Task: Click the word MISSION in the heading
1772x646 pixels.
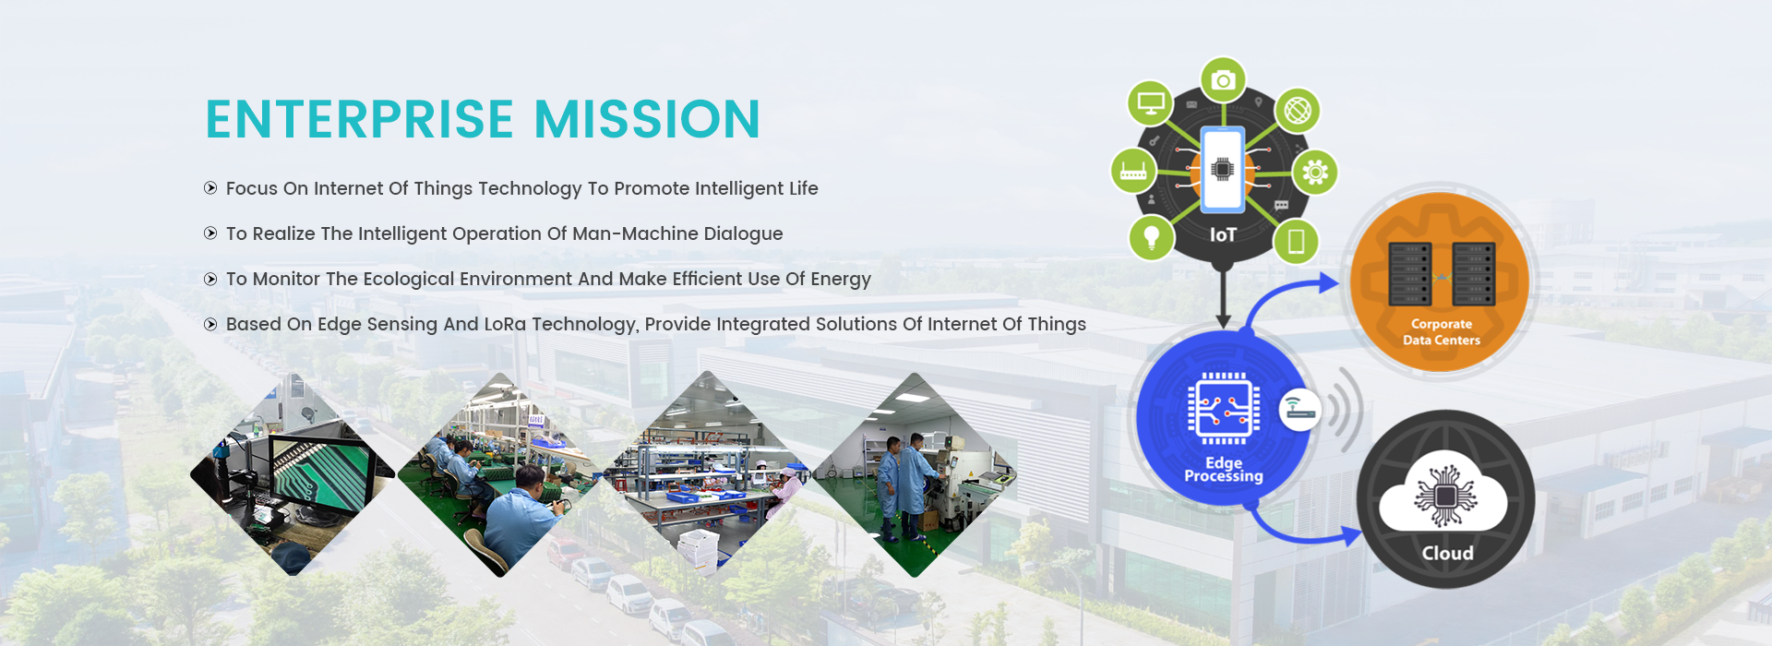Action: [x=647, y=120]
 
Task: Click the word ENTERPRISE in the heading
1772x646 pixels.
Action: [x=360, y=120]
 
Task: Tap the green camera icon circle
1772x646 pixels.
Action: [x=1223, y=80]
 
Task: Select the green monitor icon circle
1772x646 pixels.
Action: [x=1150, y=102]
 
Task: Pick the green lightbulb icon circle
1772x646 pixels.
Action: [x=1151, y=238]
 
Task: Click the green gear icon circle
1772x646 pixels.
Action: [x=1315, y=172]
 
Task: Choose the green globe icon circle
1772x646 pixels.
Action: [x=1298, y=111]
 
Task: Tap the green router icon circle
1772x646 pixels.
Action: [x=1133, y=171]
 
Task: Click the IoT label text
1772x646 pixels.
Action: [x=1223, y=235]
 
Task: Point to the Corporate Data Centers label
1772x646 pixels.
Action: [x=1442, y=332]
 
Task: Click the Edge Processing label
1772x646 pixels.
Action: [x=1224, y=470]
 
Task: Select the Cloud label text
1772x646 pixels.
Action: [x=1447, y=553]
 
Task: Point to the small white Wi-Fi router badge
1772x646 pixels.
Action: [x=1299, y=410]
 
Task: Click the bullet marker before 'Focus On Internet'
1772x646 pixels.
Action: [x=210, y=188]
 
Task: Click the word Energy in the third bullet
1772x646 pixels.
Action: [x=841, y=280]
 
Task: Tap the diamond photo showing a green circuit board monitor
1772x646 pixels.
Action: [x=293, y=474]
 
